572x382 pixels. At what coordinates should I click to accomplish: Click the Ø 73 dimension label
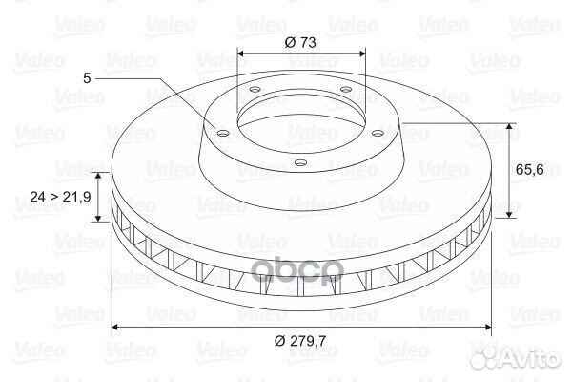(x=300, y=42)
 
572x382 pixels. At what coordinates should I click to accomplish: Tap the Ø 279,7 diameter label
(x=300, y=341)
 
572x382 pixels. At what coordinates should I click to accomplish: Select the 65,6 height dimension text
(x=530, y=169)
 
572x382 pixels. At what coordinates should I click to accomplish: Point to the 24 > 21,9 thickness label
(x=61, y=197)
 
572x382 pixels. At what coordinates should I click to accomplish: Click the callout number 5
(x=87, y=78)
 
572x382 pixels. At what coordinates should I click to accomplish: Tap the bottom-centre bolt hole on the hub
(x=300, y=162)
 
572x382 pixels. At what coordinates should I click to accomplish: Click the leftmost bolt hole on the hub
(x=222, y=134)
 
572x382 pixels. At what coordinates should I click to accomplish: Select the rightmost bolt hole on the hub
(x=378, y=134)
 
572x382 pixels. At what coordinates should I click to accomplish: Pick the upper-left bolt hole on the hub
(x=255, y=89)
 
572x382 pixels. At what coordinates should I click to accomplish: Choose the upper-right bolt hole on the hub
(x=345, y=89)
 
